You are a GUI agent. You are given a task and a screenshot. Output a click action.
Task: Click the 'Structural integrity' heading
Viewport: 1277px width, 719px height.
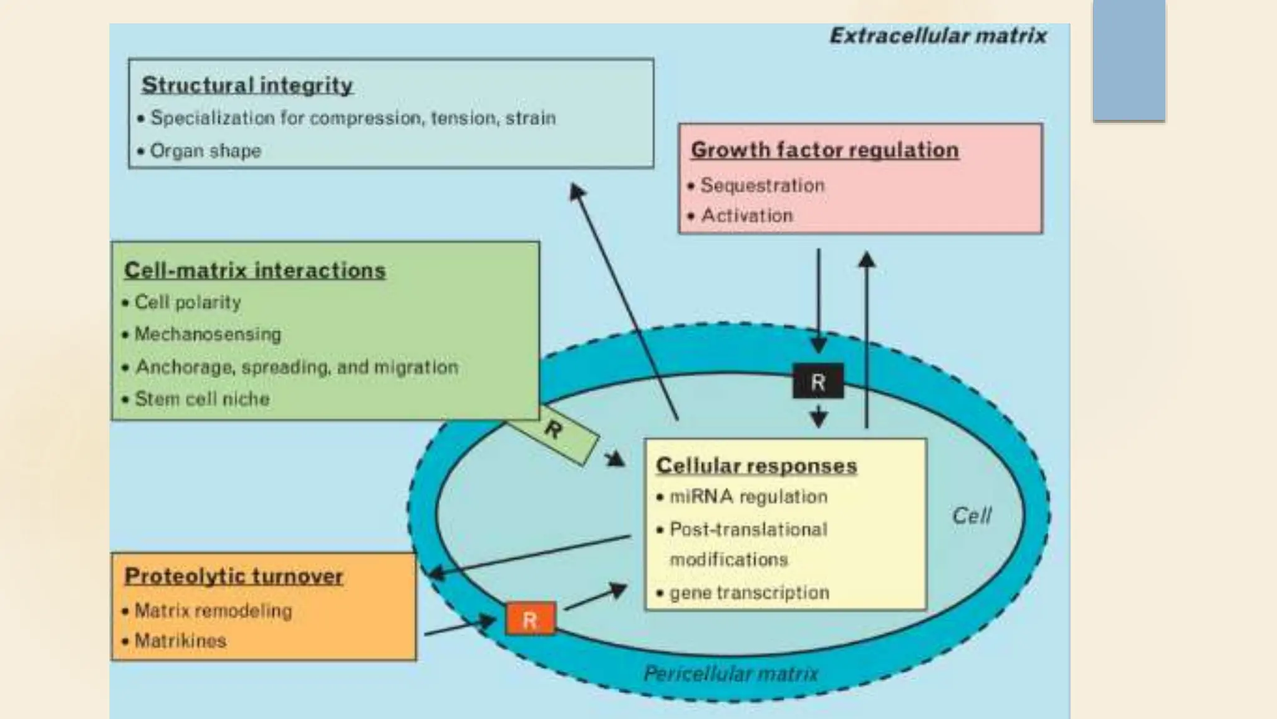[247, 85]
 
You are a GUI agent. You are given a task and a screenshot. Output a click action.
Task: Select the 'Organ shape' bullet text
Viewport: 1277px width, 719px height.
[205, 151]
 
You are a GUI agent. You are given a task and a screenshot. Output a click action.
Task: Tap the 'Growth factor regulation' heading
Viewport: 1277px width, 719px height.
[824, 150]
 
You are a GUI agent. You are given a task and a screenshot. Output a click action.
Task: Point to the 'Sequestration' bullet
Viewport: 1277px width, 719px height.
[762, 185]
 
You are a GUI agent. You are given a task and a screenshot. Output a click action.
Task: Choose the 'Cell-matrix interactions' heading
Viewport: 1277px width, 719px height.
[254, 270]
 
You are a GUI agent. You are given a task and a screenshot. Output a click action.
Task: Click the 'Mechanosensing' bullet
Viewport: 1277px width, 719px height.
[208, 335]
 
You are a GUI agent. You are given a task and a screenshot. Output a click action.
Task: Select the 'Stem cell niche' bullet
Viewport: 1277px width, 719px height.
[202, 399]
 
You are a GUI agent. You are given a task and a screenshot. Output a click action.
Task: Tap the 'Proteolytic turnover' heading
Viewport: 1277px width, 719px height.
[234, 575]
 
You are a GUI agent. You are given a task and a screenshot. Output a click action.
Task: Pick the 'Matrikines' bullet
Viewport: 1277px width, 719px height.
[180, 640]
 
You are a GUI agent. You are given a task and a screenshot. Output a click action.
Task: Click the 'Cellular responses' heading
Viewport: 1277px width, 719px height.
[756, 466]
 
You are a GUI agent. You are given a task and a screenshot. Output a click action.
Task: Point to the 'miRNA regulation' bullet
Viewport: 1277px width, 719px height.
[748, 497]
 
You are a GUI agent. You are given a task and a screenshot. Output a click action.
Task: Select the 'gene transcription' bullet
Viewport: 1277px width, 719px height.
[749, 592]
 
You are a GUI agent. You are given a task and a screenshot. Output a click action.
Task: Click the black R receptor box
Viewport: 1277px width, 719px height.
[818, 381]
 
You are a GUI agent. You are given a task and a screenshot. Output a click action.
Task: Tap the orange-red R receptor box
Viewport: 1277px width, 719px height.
[530, 620]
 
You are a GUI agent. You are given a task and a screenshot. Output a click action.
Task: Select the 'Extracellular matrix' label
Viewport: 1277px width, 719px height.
[938, 36]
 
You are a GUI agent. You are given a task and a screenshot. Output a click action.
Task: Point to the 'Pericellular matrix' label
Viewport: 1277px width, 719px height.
[731, 673]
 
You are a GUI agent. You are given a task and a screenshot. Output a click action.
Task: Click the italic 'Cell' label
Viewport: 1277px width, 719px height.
[971, 516]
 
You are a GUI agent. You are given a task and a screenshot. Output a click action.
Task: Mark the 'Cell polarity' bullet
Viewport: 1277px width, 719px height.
[188, 303]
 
